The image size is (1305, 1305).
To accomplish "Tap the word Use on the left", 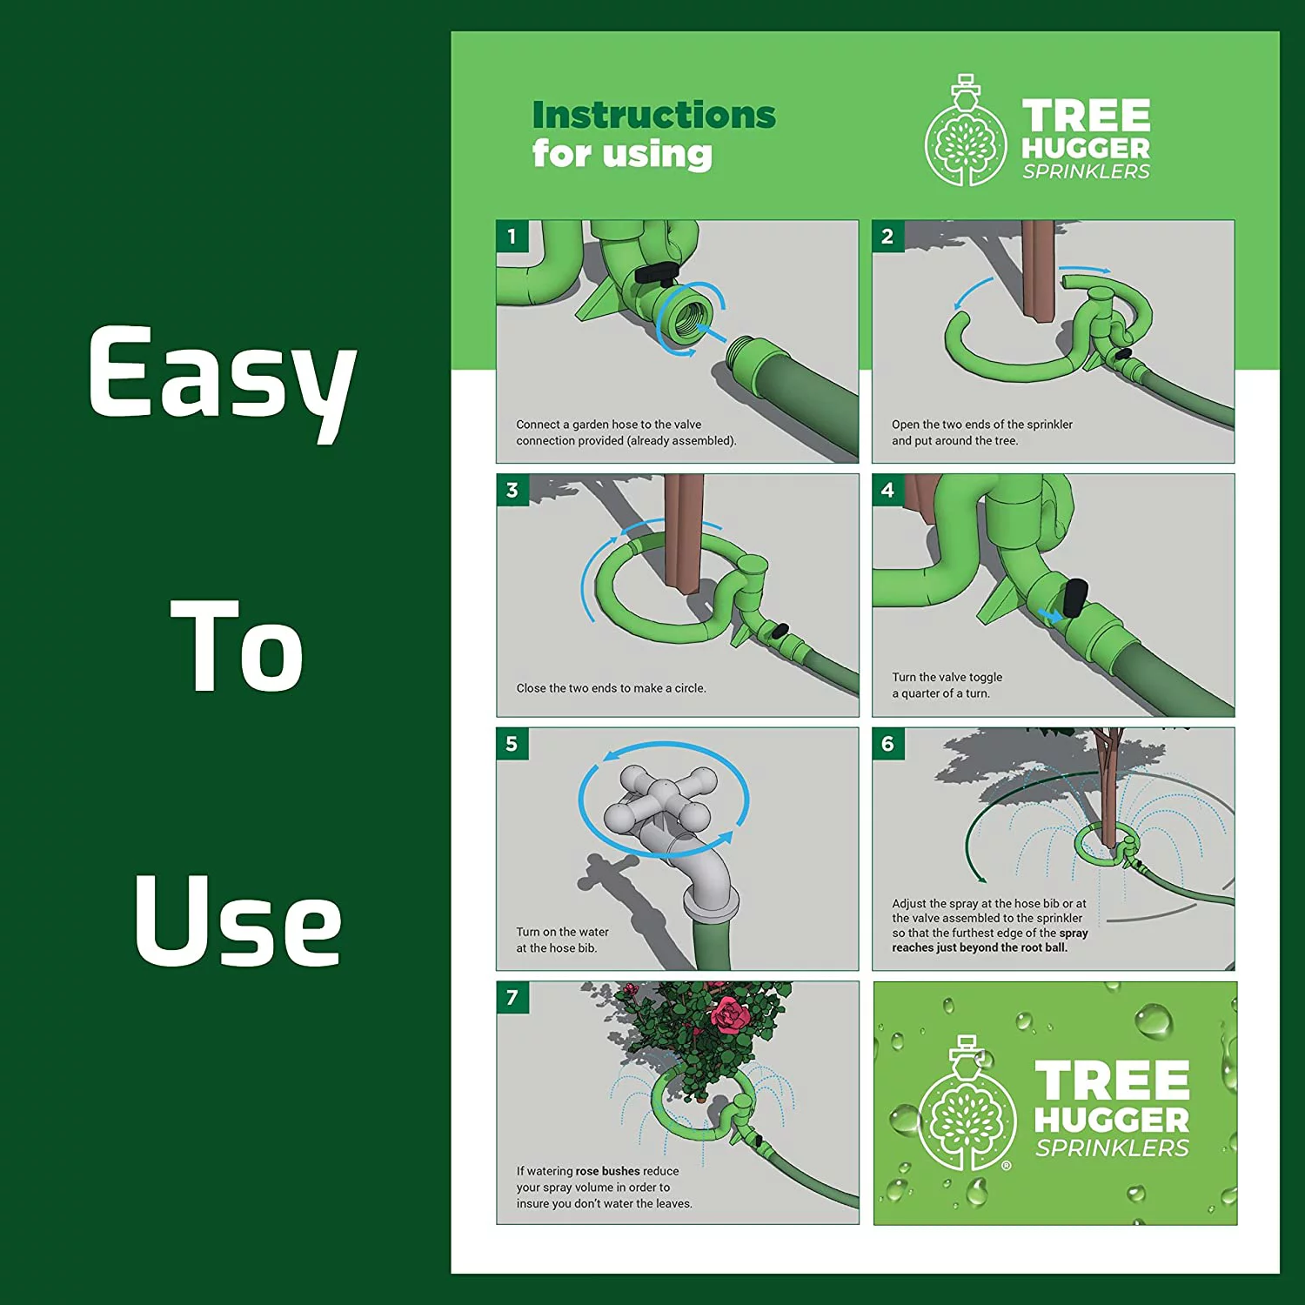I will (237, 922).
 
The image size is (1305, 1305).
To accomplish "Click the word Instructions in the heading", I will (653, 115).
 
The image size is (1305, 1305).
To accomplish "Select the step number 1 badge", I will (512, 236).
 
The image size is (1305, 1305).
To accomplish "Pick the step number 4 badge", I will (887, 490).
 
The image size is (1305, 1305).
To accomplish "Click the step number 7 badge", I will (512, 997).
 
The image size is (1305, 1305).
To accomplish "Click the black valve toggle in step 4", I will (1074, 597).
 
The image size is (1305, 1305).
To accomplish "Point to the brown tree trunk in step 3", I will (680, 531).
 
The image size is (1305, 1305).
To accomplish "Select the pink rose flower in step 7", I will (729, 1014).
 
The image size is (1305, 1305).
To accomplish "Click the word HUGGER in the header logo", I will (1086, 148).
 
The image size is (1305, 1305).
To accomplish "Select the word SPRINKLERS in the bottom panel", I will (1111, 1148).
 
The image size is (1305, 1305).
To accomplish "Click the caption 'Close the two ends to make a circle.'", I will (611, 688).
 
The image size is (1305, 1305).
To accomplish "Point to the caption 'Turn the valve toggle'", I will (947, 677).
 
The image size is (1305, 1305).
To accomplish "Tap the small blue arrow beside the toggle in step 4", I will (1050, 615).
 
